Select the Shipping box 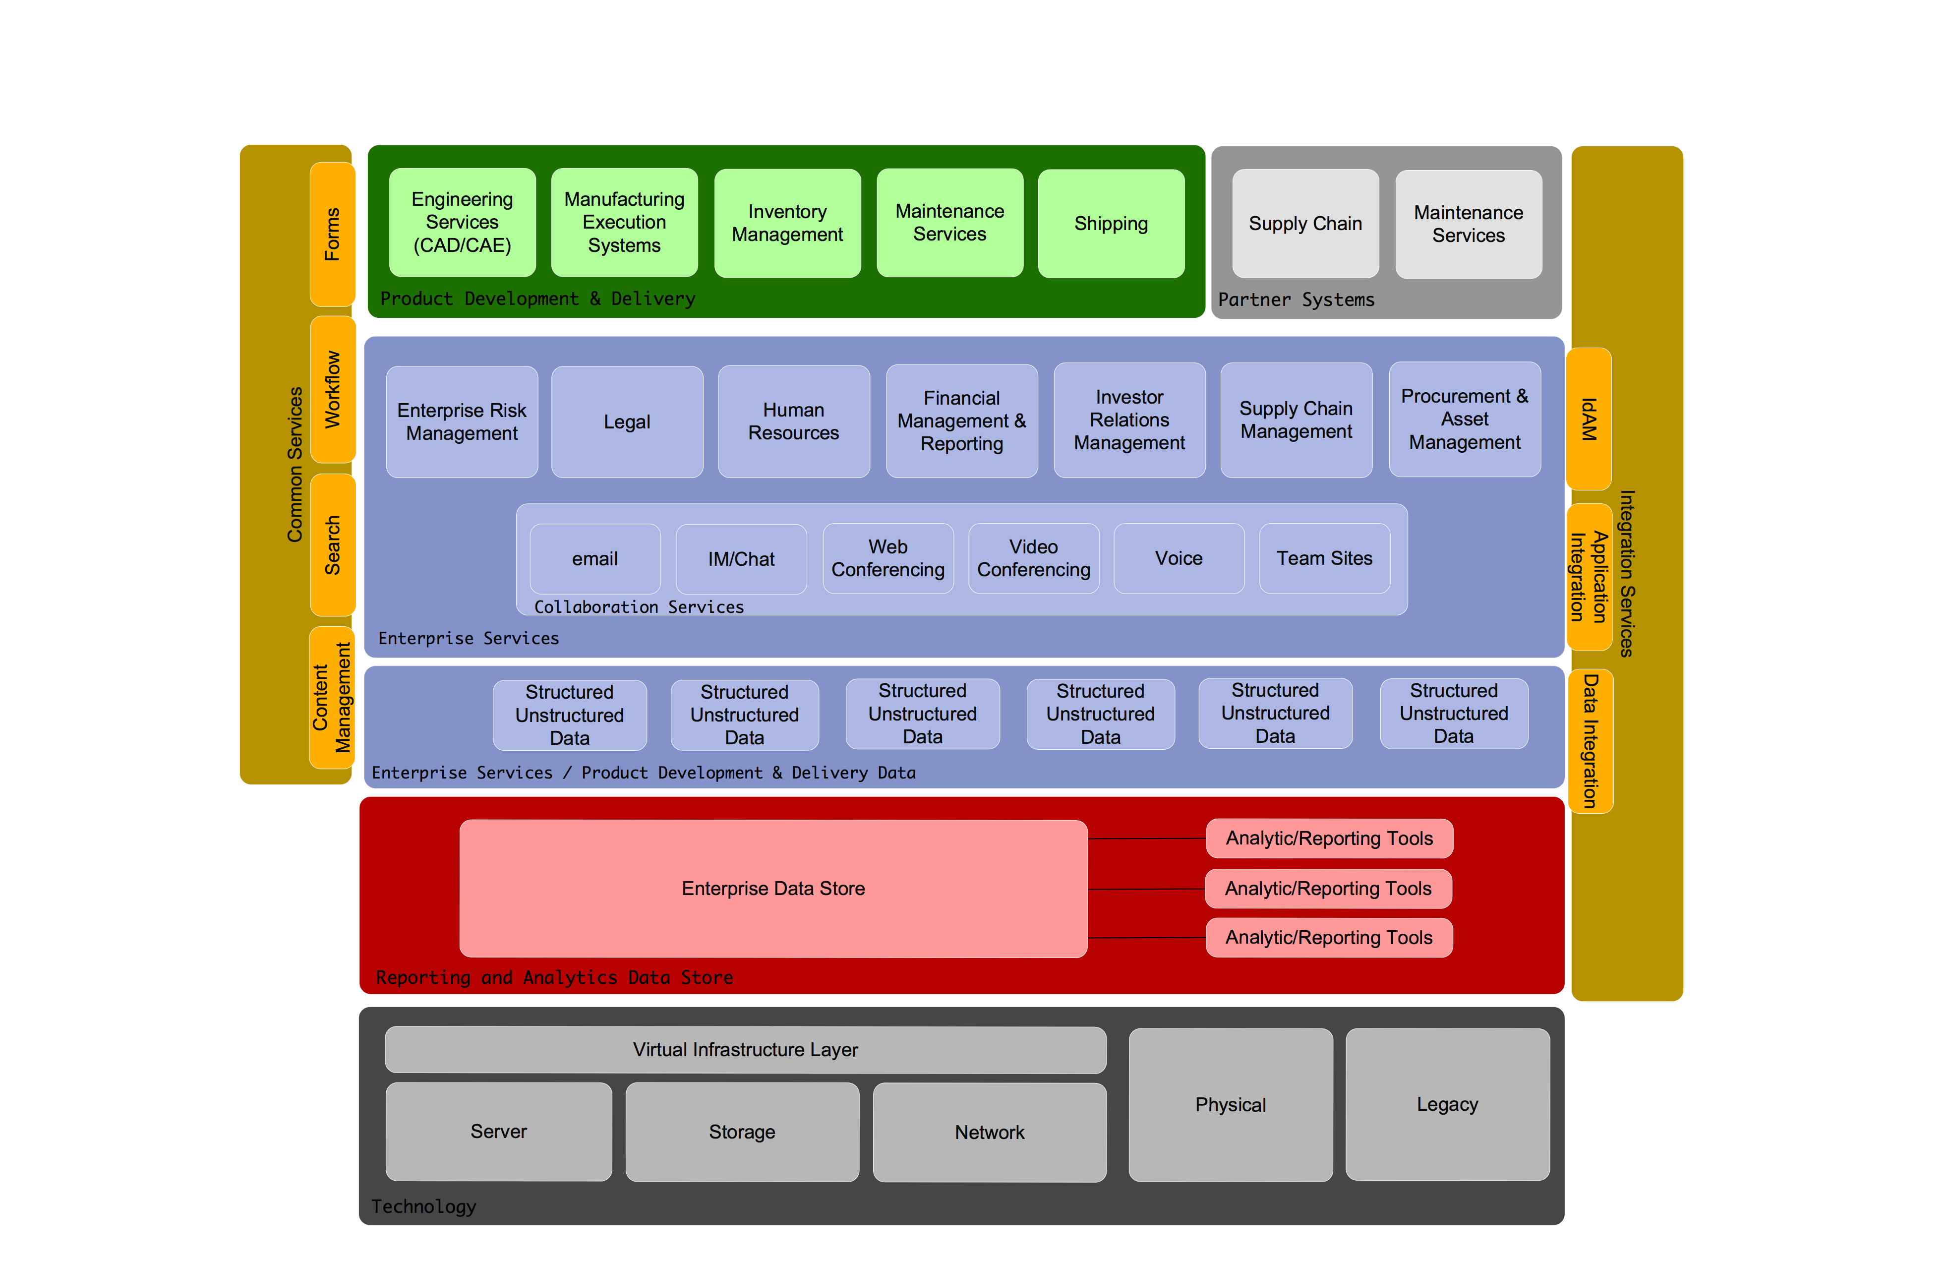[x=1111, y=224]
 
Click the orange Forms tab [x=332, y=234]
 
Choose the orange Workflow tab [x=332, y=390]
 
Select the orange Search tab [x=332, y=544]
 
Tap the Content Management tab [x=332, y=698]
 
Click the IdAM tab [x=1588, y=419]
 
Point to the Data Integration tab [x=1590, y=741]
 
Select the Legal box [x=627, y=421]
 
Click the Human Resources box [x=793, y=421]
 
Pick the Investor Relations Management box [x=1129, y=420]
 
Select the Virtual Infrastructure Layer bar [x=745, y=1050]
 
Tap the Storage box [x=742, y=1132]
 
